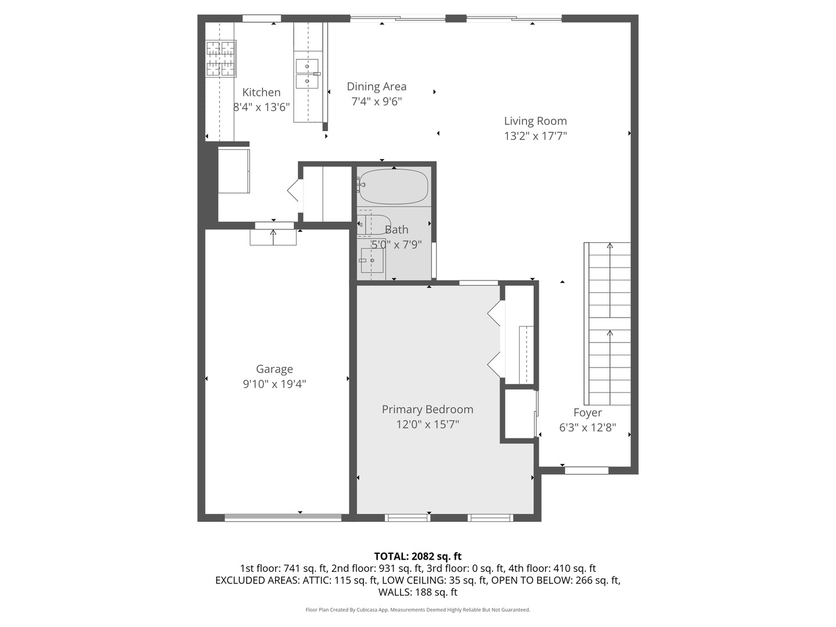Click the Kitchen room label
tap(261, 92)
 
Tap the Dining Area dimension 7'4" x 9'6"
tap(377, 102)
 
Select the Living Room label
tap(535, 121)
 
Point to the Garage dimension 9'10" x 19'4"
tap(275, 384)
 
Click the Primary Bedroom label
tap(427, 409)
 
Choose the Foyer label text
tap(588, 413)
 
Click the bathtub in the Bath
tap(394, 186)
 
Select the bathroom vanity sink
tap(371, 261)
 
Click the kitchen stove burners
tap(221, 59)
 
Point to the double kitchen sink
tap(307, 74)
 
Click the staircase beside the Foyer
tap(608, 323)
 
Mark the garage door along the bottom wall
tap(283, 517)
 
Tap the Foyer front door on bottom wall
tap(586, 470)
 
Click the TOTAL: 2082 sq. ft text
tap(417, 556)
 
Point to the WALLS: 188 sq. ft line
tap(417, 593)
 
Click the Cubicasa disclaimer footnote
tap(417, 610)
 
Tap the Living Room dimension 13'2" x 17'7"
tap(535, 136)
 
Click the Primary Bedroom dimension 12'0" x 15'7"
tap(427, 424)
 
